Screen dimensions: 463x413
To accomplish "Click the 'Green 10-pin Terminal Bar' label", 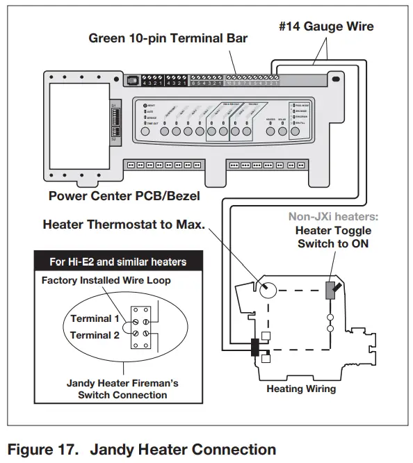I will (168, 38).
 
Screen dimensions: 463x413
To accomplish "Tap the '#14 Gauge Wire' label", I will (327, 26).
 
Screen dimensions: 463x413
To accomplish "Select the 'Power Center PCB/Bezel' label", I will (124, 195).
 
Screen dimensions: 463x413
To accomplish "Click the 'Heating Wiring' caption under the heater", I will (301, 389).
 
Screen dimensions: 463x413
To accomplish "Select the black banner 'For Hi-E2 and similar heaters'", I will (118, 262).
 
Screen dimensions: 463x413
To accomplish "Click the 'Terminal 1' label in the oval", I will (90, 318).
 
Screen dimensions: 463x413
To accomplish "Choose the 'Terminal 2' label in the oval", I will (90, 334).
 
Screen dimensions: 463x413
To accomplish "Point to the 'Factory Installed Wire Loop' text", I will (106, 281).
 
